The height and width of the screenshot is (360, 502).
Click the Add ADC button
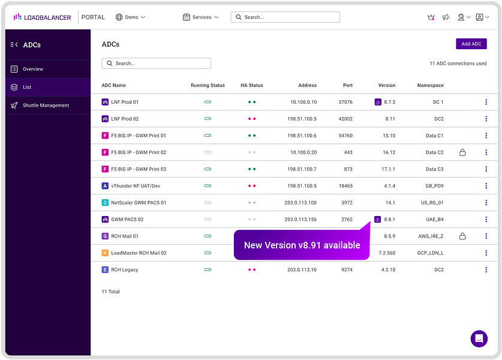(471, 44)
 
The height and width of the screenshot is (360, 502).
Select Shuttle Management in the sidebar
(46, 106)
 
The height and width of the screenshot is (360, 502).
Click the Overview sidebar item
(33, 69)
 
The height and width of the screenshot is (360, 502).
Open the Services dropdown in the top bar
(201, 17)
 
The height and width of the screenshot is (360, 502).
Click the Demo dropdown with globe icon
(130, 17)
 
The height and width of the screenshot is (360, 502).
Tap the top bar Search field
(285, 17)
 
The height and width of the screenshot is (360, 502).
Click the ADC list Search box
(157, 63)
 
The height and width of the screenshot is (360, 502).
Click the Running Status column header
(208, 85)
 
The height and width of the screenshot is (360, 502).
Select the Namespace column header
(430, 85)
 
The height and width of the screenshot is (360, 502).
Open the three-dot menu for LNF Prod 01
(486, 102)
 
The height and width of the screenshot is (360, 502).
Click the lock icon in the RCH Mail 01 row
(462, 236)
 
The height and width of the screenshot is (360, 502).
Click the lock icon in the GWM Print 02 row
(462, 152)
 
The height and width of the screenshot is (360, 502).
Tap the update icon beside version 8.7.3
(378, 102)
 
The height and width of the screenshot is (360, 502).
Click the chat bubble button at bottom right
(479, 338)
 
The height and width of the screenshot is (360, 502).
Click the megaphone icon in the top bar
(446, 17)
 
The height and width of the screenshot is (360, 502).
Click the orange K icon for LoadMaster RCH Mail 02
(105, 253)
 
